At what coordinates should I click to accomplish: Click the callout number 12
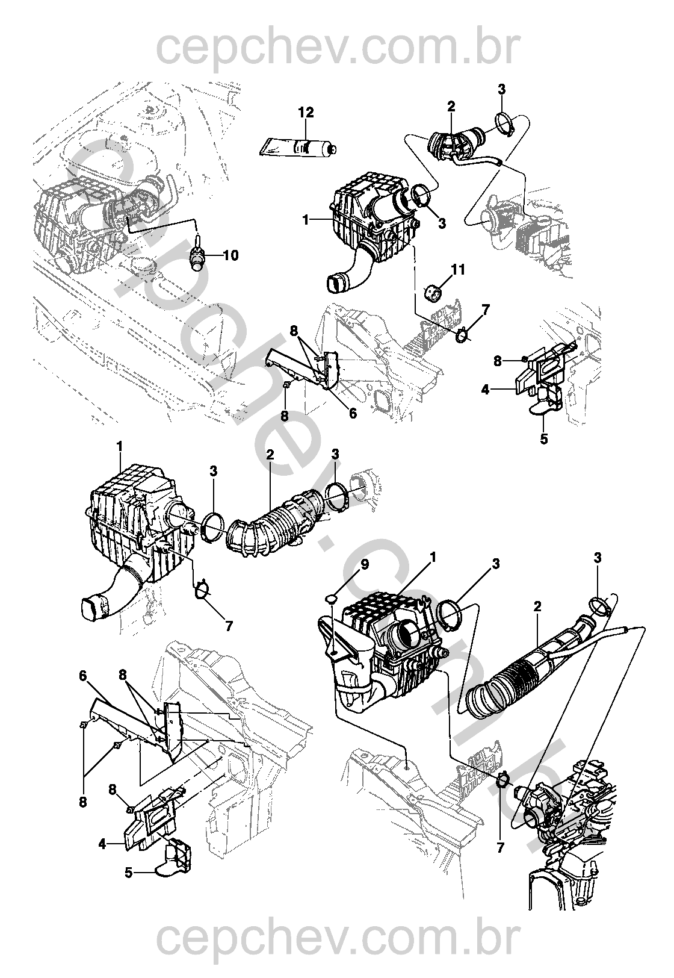click(x=306, y=113)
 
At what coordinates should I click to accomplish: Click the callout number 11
click(x=459, y=269)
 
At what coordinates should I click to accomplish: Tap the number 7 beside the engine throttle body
click(x=501, y=848)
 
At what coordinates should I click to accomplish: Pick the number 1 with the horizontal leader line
click(x=306, y=220)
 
